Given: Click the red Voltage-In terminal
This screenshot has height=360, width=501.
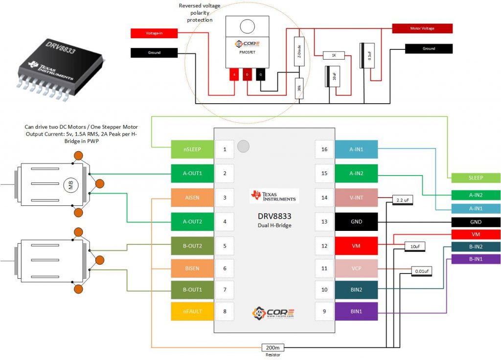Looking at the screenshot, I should [x=154, y=33].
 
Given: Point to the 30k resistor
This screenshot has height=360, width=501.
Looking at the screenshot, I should [x=299, y=89].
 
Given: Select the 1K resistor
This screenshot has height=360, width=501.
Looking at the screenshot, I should [x=334, y=56].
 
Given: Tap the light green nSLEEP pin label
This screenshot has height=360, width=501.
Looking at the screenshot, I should [x=192, y=149].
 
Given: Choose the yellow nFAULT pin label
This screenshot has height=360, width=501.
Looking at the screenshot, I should [x=192, y=311].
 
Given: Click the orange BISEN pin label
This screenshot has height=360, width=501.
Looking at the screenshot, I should [x=192, y=269].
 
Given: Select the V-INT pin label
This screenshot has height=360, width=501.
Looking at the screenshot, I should [x=356, y=198].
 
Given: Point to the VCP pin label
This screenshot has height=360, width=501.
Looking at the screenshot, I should [x=356, y=269].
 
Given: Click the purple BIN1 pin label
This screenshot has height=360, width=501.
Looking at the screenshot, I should [x=356, y=311].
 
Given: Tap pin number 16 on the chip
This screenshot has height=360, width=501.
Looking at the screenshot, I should [x=324, y=149].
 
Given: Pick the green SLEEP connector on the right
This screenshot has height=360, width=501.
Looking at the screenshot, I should [x=475, y=178].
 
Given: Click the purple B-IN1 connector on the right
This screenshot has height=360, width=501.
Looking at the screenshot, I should [x=475, y=259].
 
